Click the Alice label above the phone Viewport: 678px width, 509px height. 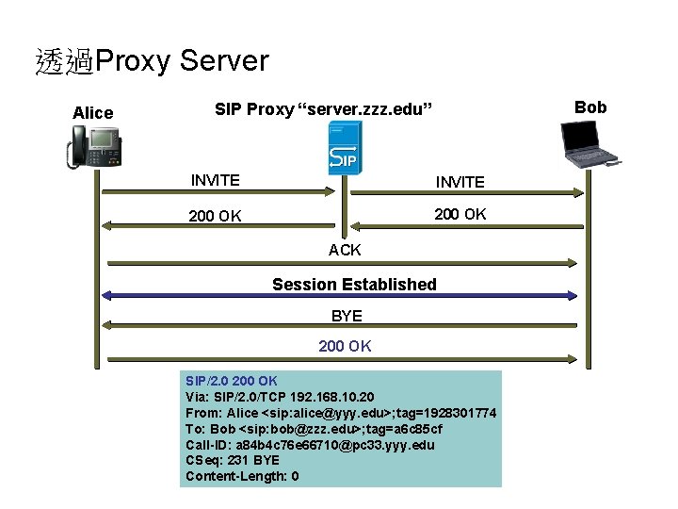tap(92, 113)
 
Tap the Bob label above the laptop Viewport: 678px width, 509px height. tap(590, 107)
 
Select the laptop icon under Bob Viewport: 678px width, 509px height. tap(591, 144)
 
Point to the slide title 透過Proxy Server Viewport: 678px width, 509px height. tap(152, 61)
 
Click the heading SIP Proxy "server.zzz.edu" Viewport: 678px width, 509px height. tap(324, 109)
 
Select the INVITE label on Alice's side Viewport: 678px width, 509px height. tap(215, 180)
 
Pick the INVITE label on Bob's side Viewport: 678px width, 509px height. tap(460, 182)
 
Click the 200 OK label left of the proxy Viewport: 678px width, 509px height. tap(215, 216)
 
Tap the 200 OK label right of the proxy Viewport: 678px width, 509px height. tap(460, 214)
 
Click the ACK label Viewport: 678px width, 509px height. tap(345, 250)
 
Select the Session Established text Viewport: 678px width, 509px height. tap(354, 284)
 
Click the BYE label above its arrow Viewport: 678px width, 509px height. tap(347, 316)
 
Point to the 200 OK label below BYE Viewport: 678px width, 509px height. tap(345, 346)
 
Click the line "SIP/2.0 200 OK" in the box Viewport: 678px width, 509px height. tap(231, 381)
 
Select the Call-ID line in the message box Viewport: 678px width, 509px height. tap(310, 444)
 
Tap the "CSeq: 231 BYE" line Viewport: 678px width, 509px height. tap(232, 460)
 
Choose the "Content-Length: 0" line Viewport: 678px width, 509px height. tap(242, 476)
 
